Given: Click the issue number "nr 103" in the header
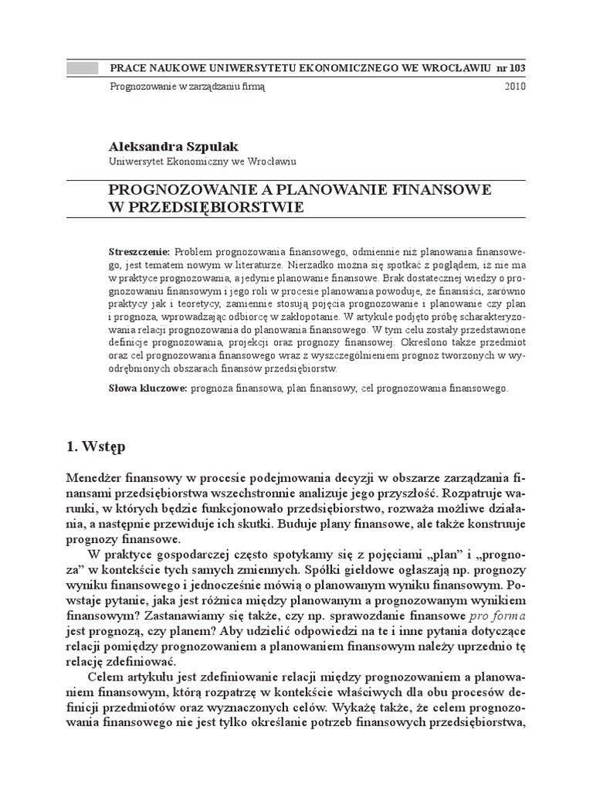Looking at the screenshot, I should (510, 68).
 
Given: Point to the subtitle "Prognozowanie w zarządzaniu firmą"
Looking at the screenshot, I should (188, 87).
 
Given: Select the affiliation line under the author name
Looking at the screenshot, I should (202, 161).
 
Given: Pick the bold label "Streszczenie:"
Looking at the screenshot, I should (139, 253).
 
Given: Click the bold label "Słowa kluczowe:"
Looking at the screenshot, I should (147, 389).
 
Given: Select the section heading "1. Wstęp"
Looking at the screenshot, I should (97, 447).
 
